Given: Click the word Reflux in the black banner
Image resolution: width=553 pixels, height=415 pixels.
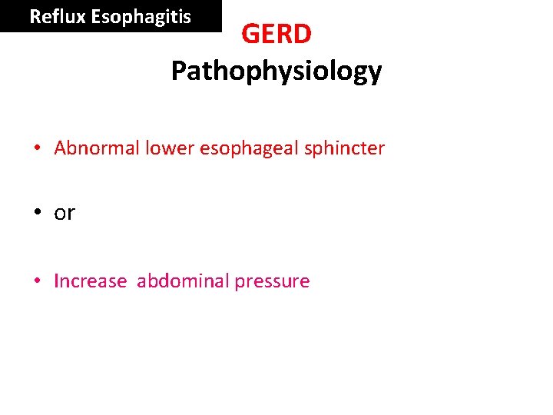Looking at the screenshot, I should (58, 16).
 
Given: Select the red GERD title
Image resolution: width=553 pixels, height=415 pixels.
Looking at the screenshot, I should (276, 34).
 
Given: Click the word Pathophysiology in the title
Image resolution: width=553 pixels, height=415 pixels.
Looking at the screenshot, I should (276, 71).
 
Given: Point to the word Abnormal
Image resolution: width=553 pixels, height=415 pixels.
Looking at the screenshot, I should (97, 148).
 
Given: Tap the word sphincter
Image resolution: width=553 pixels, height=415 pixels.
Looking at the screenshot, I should (344, 148).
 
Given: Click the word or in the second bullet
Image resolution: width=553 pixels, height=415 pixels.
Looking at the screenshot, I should (65, 214).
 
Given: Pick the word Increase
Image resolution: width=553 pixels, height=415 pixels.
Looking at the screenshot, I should (90, 281).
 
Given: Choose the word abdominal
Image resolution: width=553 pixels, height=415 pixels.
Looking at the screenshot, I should (183, 281).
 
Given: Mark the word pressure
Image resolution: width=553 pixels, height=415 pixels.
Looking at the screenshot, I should (272, 282).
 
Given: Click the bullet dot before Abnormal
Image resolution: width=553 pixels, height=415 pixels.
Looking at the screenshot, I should (38, 148).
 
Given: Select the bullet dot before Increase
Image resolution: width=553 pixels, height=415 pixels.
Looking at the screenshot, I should (38, 281).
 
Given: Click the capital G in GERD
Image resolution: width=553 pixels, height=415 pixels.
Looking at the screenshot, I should (251, 34).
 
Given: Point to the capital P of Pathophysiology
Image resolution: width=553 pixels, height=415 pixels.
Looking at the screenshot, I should (178, 71).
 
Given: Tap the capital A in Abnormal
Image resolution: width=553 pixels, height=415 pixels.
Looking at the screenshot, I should (61, 148).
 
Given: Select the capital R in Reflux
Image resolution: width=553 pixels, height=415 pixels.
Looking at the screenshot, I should (35, 16).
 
